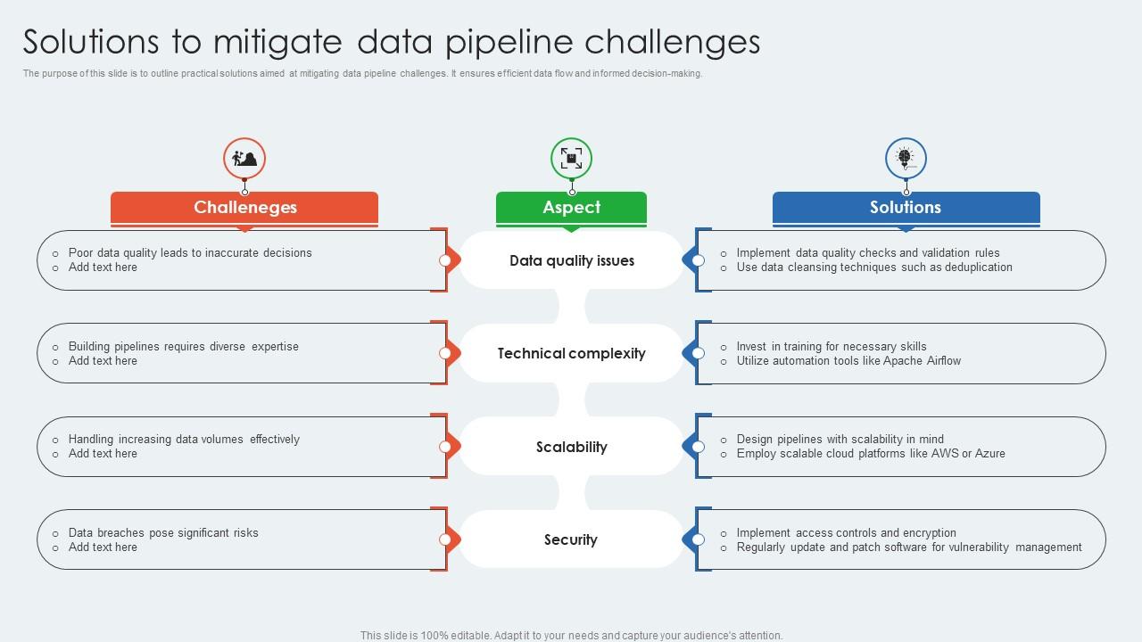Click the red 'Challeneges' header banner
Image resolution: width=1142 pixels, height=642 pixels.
(x=244, y=208)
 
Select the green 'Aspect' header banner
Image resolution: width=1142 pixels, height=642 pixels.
(x=571, y=208)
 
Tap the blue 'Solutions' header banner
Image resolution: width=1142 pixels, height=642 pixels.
(x=906, y=208)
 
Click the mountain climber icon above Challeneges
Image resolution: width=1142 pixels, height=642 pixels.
(x=244, y=159)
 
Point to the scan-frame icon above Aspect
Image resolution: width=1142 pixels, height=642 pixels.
(x=571, y=159)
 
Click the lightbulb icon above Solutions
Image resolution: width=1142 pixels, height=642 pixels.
(x=906, y=158)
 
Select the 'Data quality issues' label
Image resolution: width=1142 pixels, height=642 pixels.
(x=571, y=260)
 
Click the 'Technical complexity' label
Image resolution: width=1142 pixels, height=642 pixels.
(x=571, y=353)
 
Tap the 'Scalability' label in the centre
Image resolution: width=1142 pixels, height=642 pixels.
(x=571, y=447)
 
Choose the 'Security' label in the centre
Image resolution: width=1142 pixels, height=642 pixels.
(x=571, y=539)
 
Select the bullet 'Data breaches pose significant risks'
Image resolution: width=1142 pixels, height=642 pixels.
(x=163, y=533)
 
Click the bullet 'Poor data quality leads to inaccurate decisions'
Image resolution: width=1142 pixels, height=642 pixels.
(x=190, y=253)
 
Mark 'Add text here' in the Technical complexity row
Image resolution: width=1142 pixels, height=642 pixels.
(x=103, y=361)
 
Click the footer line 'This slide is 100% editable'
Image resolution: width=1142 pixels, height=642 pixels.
(x=571, y=636)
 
